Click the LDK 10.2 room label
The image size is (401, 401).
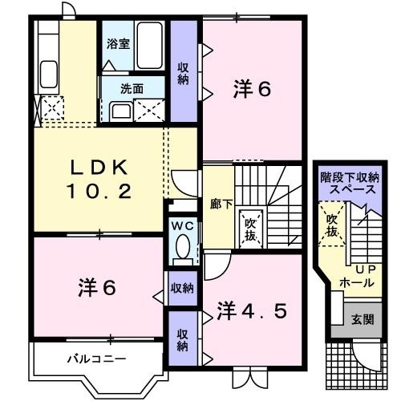pos(99,180)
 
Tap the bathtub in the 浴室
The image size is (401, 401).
pos(149,46)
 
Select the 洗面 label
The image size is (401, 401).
pos(132,89)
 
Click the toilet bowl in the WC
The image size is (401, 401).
pos(183,246)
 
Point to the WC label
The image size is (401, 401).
pos(182,226)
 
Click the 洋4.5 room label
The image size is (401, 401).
pos(252,311)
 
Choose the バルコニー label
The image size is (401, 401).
pos(96,358)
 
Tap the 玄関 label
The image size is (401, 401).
pos(363,319)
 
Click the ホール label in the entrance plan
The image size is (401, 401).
pos(357,282)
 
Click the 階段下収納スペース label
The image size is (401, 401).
pos(350,184)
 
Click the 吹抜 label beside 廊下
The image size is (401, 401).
pos(250,229)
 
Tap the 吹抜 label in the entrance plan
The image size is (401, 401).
pos(332,226)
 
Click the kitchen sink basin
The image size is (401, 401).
pos(49,74)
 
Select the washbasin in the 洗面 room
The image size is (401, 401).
pos(121,111)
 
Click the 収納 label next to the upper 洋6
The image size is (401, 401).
pos(183,74)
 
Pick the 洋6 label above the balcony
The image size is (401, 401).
pos(97,288)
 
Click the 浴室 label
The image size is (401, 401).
pos(118,44)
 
